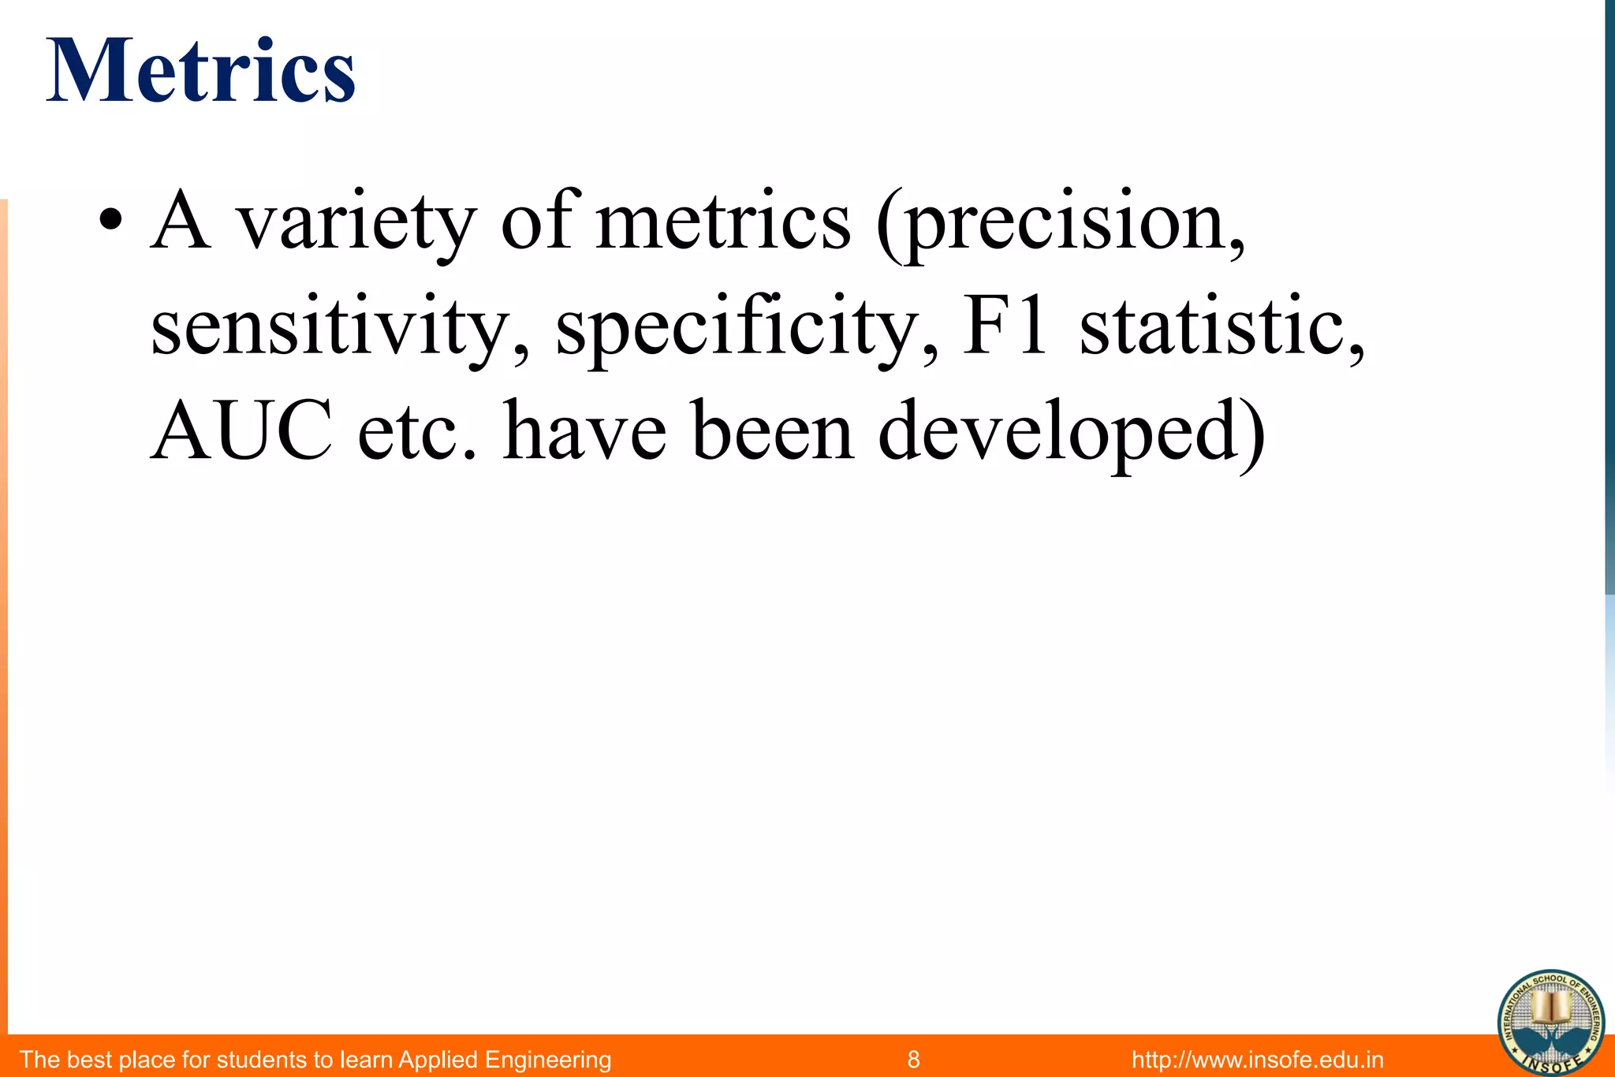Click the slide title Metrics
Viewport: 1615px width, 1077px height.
201,72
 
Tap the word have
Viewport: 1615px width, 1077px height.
584,432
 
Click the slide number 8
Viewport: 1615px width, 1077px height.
913,1059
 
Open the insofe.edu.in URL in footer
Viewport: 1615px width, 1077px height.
1257,1059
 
